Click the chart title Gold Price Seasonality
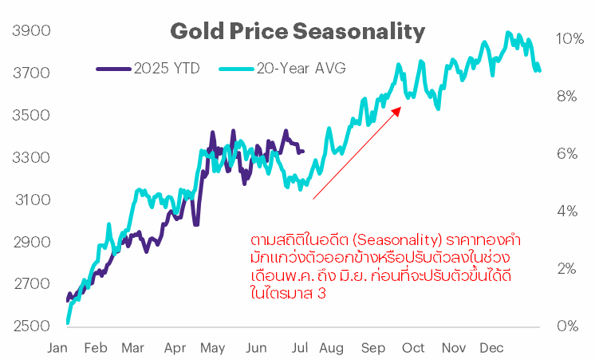tap(297, 32)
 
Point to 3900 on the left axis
tap(32, 31)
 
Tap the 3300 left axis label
tap(32, 158)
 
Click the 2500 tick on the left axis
tap(32, 326)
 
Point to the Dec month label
tap(491, 349)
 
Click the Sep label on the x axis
tap(372, 349)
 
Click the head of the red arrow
tap(401, 109)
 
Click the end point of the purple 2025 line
tap(302, 151)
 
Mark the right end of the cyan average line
tap(540, 70)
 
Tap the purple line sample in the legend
tap(114, 68)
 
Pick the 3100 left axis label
tap(32, 200)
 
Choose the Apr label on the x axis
tap(174, 349)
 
